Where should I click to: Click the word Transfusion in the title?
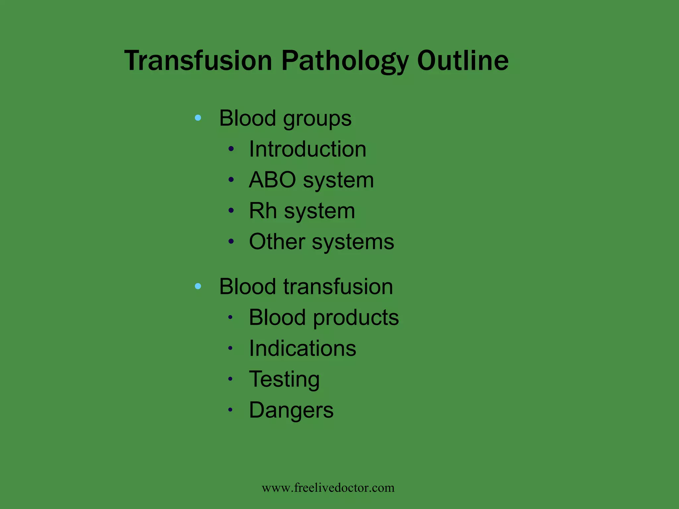point(198,61)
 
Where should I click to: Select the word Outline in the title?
point(463,61)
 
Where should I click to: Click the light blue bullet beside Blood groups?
point(198,118)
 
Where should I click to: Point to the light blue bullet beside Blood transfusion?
point(198,286)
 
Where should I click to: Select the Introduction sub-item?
point(307,149)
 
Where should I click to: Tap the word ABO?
point(272,180)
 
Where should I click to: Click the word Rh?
point(263,211)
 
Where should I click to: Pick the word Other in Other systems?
point(277,242)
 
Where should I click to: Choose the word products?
point(356,317)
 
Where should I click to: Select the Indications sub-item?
point(302,348)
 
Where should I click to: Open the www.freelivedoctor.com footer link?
point(328,488)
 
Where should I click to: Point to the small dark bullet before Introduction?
point(231,149)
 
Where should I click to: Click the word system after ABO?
point(338,181)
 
